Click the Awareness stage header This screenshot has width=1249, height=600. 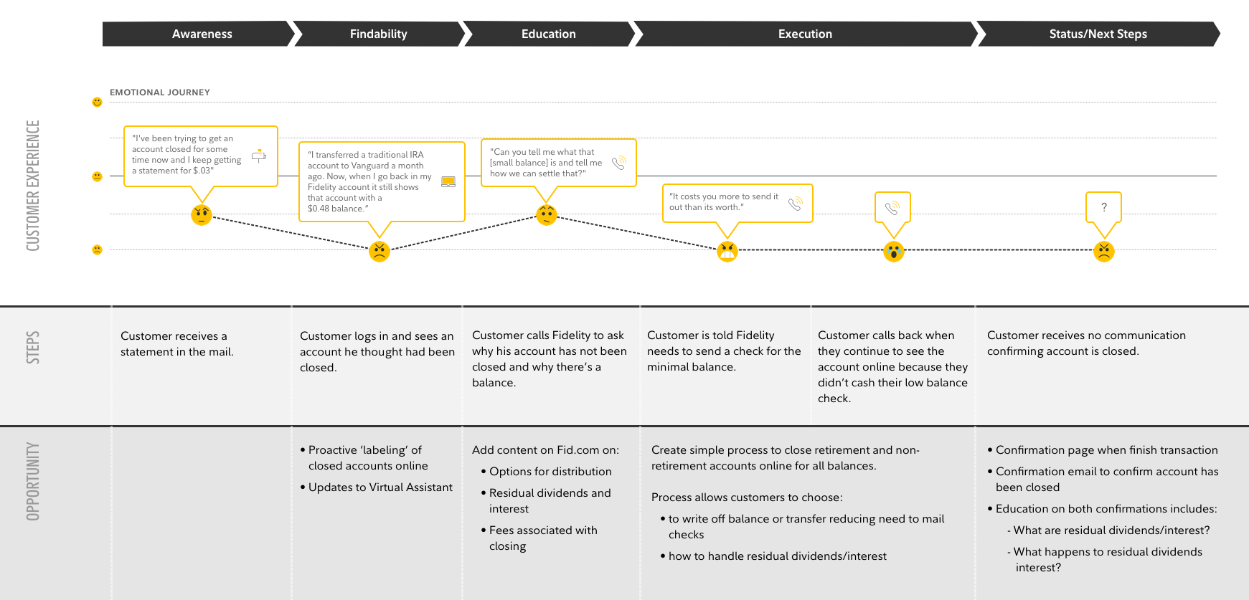click(202, 34)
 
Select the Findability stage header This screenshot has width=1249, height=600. click(378, 34)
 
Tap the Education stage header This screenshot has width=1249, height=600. click(548, 34)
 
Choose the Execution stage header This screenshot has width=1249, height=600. click(805, 34)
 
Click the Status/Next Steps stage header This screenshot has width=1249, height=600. click(1098, 34)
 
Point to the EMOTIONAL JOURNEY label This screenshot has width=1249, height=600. click(160, 92)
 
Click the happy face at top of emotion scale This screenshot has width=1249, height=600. click(97, 103)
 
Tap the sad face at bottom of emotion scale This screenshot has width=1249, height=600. click(97, 249)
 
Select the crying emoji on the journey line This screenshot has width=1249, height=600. click(893, 251)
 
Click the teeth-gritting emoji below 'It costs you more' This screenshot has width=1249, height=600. click(727, 251)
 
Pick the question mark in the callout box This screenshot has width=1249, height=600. click(1103, 207)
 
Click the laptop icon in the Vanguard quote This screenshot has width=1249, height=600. click(448, 182)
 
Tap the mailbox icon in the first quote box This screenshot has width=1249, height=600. click(259, 156)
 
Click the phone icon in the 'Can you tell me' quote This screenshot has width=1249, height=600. click(619, 163)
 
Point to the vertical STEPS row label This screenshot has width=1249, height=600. click(33, 347)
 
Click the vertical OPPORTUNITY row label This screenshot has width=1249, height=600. click(33, 481)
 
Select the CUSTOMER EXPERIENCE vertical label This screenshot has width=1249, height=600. click(33, 185)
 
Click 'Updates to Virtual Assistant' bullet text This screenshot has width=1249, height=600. click(380, 487)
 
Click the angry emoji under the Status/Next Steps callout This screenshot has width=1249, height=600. click(1103, 251)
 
